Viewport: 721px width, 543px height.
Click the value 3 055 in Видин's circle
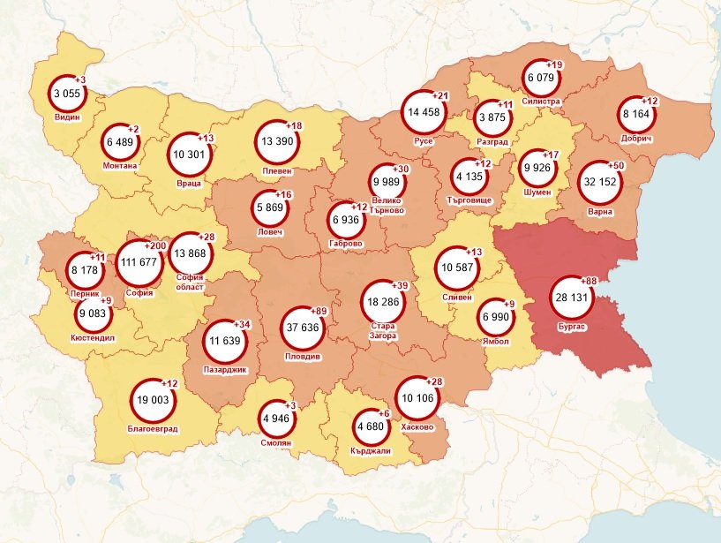pos(68,94)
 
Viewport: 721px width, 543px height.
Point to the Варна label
pos(601,212)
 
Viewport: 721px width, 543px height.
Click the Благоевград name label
pos(152,429)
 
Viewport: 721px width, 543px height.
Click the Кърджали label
pos(371,450)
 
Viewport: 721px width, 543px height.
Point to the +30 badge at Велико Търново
pos(402,168)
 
